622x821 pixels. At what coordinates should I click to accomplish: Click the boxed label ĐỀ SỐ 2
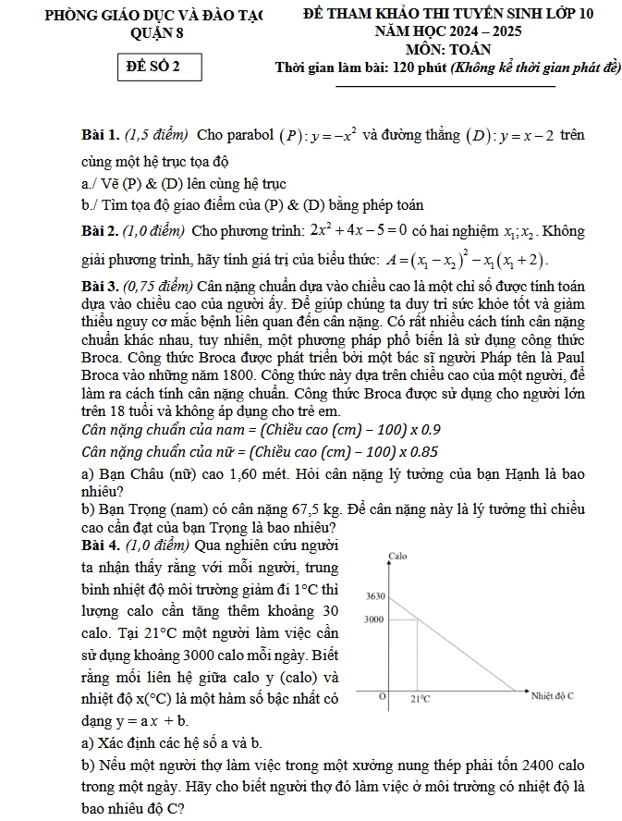pos(152,67)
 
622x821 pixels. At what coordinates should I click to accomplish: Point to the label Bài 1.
pos(100,136)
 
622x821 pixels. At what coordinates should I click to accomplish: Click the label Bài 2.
pos(100,230)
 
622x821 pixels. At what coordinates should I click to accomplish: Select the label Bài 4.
pos(100,545)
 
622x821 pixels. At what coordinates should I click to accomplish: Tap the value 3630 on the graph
pos(374,596)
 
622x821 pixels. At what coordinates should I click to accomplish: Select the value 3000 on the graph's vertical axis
pos(374,619)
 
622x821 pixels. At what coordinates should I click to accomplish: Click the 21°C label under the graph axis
pos(421,699)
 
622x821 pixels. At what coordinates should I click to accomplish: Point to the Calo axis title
pos(398,557)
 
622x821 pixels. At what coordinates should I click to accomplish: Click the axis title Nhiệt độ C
pos(553,694)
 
